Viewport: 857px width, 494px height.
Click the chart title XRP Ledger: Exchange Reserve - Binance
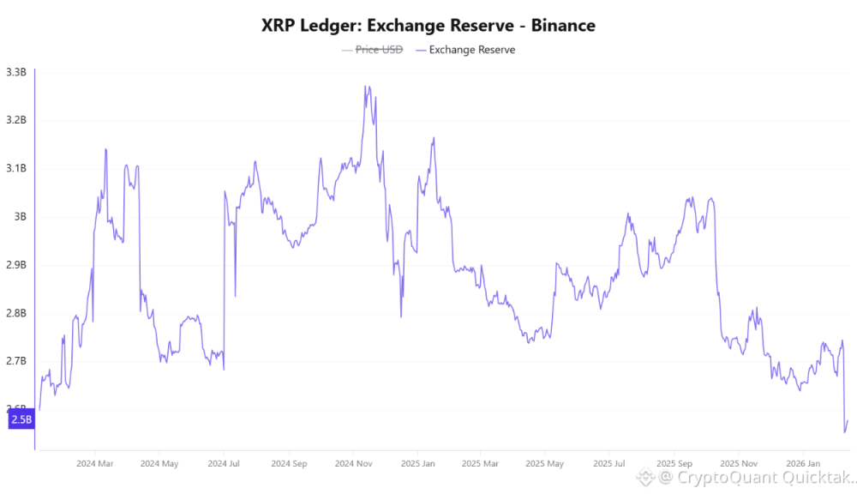pyautogui.click(x=428, y=26)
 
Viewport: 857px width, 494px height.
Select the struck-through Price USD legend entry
pyautogui.click(x=378, y=50)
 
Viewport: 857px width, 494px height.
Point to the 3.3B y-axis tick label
pyautogui.click(x=16, y=72)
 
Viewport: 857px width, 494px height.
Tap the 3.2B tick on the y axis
pyautogui.click(x=16, y=120)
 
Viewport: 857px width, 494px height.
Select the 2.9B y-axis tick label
pyautogui.click(x=16, y=265)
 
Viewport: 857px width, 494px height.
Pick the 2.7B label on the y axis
pyautogui.click(x=16, y=361)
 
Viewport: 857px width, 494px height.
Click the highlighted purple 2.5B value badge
pyautogui.click(x=21, y=419)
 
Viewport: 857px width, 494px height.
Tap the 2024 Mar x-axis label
pyautogui.click(x=95, y=463)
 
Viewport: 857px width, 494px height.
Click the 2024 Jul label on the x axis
pyautogui.click(x=223, y=463)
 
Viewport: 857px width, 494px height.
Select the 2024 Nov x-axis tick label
pyautogui.click(x=352, y=463)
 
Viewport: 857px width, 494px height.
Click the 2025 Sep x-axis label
pyautogui.click(x=673, y=463)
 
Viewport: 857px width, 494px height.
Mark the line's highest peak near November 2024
pyautogui.click(x=366, y=86)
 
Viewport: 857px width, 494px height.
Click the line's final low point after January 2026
pyautogui.click(x=844, y=431)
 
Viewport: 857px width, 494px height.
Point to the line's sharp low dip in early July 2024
pyautogui.click(x=224, y=370)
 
